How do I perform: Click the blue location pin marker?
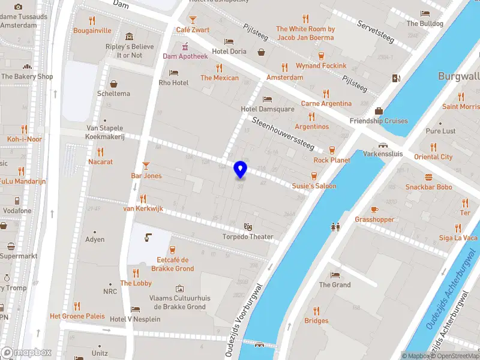coord(241,170)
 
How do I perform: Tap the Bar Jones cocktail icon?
coord(146,165)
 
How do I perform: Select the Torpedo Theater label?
coord(248,236)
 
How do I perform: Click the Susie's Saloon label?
coord(314,186)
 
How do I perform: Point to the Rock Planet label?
coord(332,160)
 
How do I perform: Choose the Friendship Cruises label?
coord(379,121)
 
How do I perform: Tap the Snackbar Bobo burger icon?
coord(428,177)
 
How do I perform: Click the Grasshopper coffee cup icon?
coord(374,209)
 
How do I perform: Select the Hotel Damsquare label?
coord(268,109)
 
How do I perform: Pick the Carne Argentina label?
coord(326,103)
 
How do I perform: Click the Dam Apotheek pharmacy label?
coord(185,56)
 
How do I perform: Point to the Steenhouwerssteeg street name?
coord(283,133)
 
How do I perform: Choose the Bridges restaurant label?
coord(316,320)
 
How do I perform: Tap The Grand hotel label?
coord(335,284)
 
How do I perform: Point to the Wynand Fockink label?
coord(321,65)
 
